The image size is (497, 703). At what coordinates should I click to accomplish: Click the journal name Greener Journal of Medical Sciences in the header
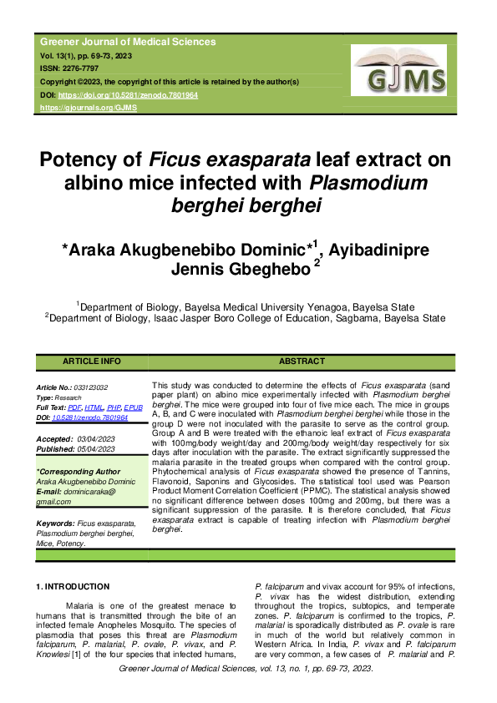[128, 42]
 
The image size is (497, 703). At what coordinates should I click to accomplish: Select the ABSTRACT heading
[301, 362]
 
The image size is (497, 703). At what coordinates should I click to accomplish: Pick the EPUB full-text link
[134, 407]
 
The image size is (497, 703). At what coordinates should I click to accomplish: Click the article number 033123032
[89, 388]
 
